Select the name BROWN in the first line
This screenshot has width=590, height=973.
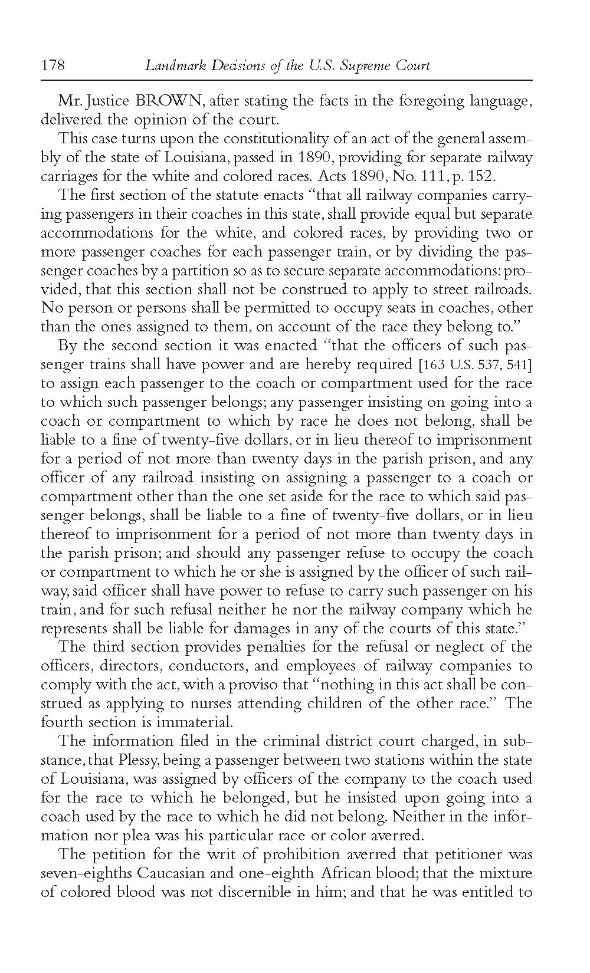pyautogui.click(x=171, y=100)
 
